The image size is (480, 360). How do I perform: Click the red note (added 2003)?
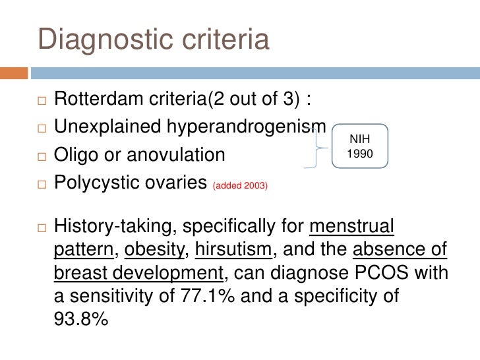click(239, 186)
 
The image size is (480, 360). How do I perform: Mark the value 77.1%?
click(208, 295)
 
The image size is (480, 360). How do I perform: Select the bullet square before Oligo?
click(40, 156)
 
